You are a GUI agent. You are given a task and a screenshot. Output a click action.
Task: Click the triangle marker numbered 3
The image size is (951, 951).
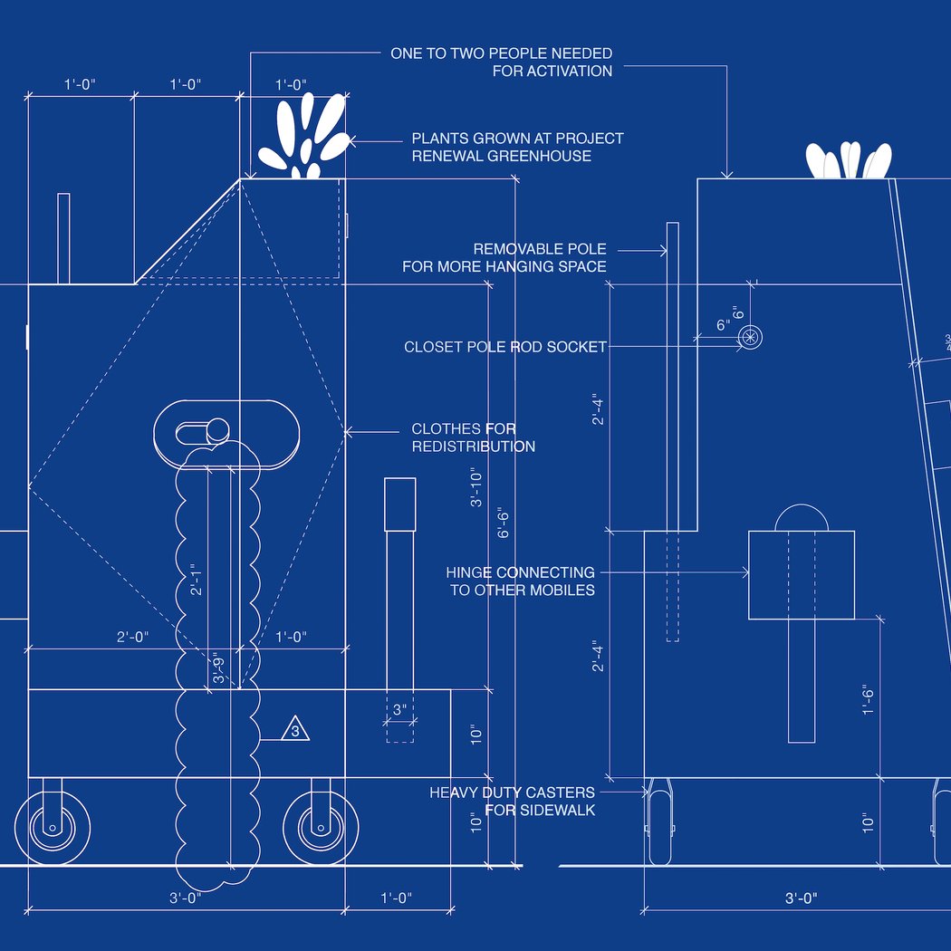(x=295, y=729)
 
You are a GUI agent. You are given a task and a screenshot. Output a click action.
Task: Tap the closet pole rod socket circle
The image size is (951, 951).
(x=750, y=337)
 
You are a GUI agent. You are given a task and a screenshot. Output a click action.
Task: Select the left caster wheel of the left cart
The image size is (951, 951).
(x=53, y=827)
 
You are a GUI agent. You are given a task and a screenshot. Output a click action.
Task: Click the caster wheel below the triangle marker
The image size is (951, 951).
(x=321, y=827)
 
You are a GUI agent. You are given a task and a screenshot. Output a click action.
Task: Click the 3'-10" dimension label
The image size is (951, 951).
(x=476, y=487)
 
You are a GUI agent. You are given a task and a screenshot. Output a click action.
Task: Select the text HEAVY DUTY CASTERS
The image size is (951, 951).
(x=512, y=792)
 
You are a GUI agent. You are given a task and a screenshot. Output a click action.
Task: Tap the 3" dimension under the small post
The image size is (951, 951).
(x=399, y=709)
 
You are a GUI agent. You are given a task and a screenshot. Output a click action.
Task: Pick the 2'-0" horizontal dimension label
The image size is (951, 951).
(x=133, y=637)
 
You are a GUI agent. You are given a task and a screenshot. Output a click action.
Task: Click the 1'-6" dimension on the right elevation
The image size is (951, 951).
(x=869, y=700)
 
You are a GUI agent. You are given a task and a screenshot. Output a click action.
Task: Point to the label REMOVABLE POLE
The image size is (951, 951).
(x=540, y=249)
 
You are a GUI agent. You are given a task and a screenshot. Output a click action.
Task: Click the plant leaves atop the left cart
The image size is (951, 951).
(x=304, y=136)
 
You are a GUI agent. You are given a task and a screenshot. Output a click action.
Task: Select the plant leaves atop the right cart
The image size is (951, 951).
(x=849, y=160)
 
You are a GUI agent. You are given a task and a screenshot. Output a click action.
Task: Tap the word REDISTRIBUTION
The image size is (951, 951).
(x=474, y=447)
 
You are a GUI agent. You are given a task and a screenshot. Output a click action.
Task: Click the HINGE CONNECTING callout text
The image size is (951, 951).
(x=521, y=572)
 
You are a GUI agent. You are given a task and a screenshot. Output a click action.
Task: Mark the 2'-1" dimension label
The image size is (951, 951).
(x=196, y=580)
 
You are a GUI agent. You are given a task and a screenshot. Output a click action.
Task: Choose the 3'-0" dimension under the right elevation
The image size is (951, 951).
(x=802, y=898)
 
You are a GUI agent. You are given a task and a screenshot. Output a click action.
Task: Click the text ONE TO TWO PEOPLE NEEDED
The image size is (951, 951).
(x=502, y=53)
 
